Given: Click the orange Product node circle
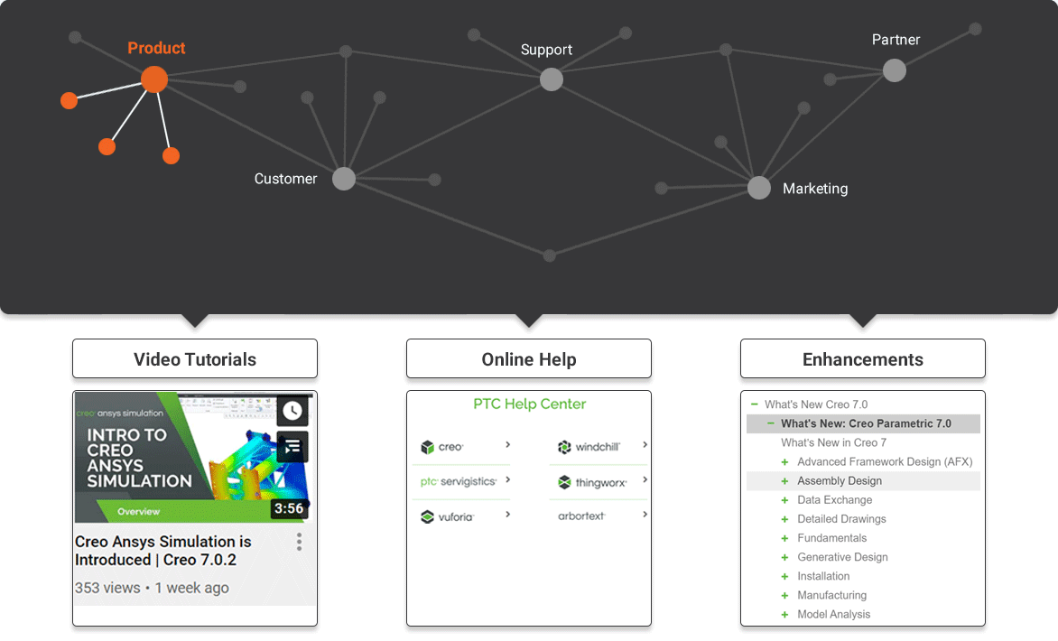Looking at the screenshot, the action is pyautogui.click(x=154, y=79).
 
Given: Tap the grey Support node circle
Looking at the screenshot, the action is pyautogui.click(x=552, y=79).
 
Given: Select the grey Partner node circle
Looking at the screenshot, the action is pyautogui.click(x=894, y=70).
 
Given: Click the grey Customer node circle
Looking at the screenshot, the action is pyautogui.click(x=343, y=179).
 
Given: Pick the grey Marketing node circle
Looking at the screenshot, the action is pyautogui.click(x=759, y=188).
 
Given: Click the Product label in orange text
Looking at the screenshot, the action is pyautogui.click(x=156, y=48).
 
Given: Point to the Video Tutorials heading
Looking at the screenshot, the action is pyautogui.click(x=195, y=359).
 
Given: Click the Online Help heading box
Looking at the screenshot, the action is pyautogui.click(x=529, y=359).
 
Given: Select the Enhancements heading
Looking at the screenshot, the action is pyautogui.click(x=863, y=359).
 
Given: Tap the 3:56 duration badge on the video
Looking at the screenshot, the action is pyautogui.click(x=289, y=508).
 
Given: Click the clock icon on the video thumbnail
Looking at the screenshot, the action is pyautogui.click(x=292, y=410).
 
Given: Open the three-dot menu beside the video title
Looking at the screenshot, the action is pyautogui.click(x=299, y=542).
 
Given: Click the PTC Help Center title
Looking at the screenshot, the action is pyautogui.click(x=530, y=404).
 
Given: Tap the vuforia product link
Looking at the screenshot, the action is pyautogui.click(x=448, y=516).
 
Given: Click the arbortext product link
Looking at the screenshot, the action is pyautogui.click(x=581, y=516).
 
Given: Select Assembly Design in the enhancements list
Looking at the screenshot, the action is pyautogui.click(x=840, y=480).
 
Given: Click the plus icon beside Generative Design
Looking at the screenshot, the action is pyautogui.click(x=784, y=557).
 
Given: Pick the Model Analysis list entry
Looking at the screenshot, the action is pyautogui.click(x=834, y=614).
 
